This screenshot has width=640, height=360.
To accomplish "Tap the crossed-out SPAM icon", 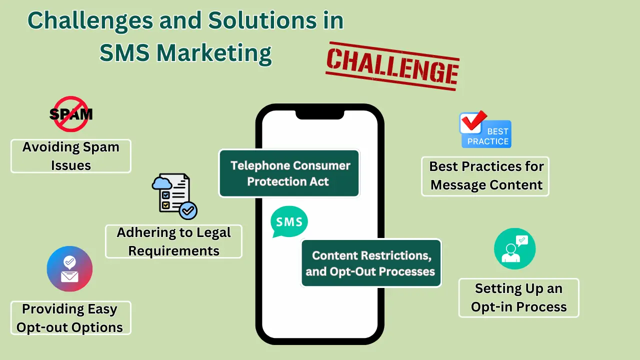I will pyautogui.click(x=71, y=114).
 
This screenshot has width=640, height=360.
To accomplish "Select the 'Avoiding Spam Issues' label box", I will pyautogui.click(x=71, y=156).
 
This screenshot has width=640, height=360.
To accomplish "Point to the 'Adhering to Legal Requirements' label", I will pyautogui.click(x=173, y=241).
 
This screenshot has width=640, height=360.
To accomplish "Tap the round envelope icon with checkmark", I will pyautogui.click(x=69, y=269).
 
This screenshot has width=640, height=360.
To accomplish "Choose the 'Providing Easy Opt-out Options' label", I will pyautogui.click(x=70, y=318).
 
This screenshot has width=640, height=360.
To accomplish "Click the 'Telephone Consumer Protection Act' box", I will pyautogui.click(x=289, y=173).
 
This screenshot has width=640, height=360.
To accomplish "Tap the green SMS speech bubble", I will pyautogui.click(x=289, y=221).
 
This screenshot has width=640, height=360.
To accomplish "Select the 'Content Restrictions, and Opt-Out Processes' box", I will pyautogui.click(x=370, y=263).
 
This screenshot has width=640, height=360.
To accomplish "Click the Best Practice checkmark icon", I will pyautogui.click(x=485, y=129).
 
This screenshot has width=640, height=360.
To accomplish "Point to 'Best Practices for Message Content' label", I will pyautogui.click(x=485, y=175).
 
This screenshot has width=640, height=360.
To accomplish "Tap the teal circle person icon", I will pyautogui.click(x=514, y=248).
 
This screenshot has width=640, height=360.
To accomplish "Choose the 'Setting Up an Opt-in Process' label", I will pyautogui.click(x=518, y=297).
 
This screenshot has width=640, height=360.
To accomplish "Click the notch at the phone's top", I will pyautogui.click(x=319, y=114).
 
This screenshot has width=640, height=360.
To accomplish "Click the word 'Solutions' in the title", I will pyautogui.click(x=276, y=21).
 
